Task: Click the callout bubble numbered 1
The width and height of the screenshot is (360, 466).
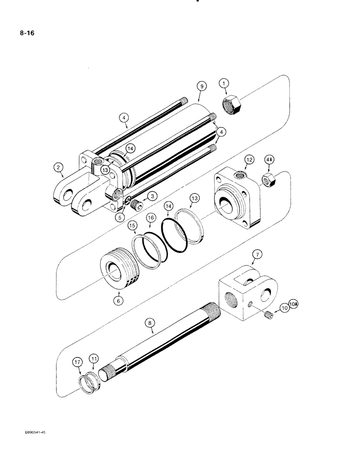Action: pos(225,84)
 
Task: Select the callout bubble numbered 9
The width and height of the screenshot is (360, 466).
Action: pos(201,86)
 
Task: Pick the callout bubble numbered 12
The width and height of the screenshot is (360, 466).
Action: pos(249,160)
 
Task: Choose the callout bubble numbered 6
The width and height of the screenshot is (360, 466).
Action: pos(118,301)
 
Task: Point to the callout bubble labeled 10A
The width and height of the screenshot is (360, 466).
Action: pos(292,305)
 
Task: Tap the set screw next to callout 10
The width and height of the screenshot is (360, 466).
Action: pos(268,316)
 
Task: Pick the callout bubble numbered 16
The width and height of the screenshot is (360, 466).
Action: pos(151,218)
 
